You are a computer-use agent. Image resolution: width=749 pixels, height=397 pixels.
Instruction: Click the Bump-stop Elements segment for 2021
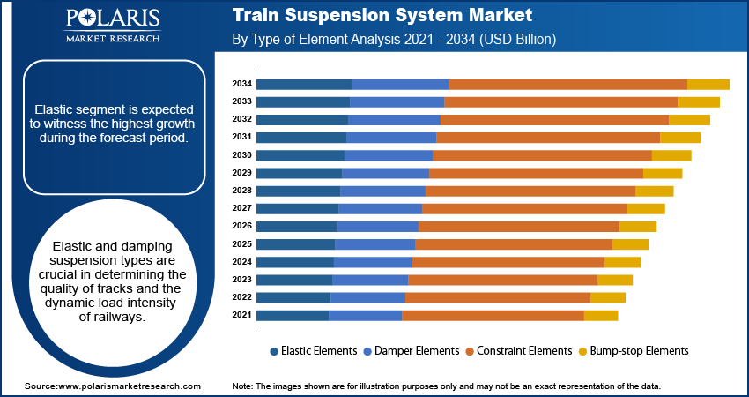pyautogui.click(x=601, y=315)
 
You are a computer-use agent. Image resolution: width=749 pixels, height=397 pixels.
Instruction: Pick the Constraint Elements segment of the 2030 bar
pyautogui.click(x=542, y=155)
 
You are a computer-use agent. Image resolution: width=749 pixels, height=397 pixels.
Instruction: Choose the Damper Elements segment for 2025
pyautogui.click(x=374, y=243)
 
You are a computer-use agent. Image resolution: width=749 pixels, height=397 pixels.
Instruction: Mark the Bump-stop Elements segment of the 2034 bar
pyautogui.click(x=708, y=84)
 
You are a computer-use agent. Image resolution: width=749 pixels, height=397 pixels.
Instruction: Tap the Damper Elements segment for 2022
pyautogui.click(x=367, y=297)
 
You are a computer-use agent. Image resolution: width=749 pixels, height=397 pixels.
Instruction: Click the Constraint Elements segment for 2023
pyautogui.click(x=502, y=280)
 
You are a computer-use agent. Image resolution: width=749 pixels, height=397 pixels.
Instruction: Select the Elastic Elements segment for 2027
pyautogui.click(x=297, y=208)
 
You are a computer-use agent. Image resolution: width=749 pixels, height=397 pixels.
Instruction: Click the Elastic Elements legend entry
pyautogui.click(x=313, y=350)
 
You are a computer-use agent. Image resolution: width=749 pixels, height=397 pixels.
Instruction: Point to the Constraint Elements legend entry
pyautogui.click(x=518, y=350)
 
